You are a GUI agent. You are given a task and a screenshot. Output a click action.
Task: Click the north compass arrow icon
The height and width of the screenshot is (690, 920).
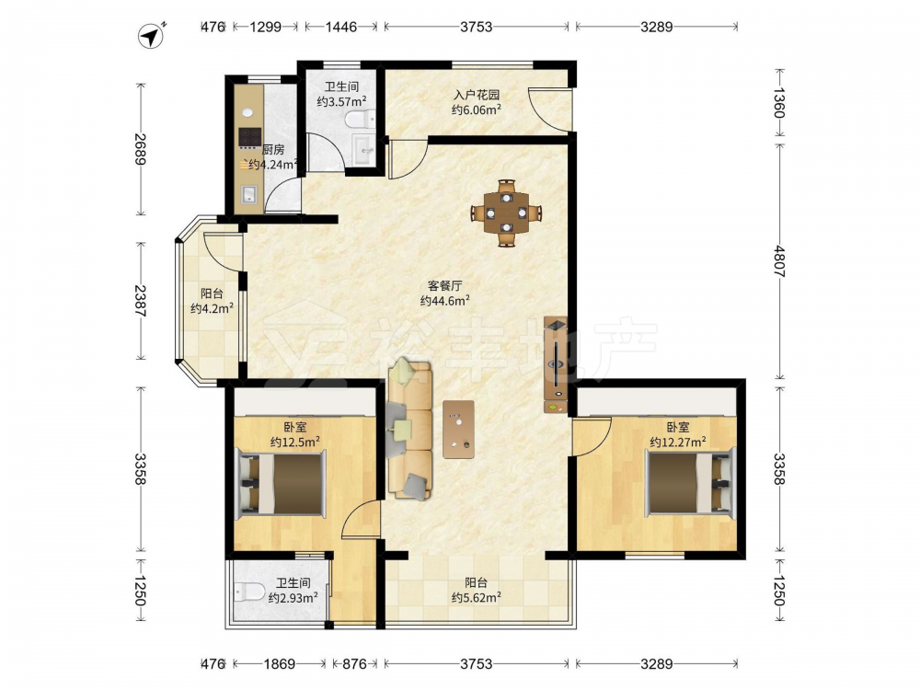(151, 36)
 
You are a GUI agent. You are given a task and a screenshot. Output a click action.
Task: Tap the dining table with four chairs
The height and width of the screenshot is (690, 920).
(506, 213)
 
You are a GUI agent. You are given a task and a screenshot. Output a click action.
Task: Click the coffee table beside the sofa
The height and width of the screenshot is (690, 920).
(459, 429)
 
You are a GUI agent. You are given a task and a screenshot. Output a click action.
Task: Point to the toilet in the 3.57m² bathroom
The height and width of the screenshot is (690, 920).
(361, 120)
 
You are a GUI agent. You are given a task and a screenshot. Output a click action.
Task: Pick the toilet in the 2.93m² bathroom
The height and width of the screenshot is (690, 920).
(248, 592)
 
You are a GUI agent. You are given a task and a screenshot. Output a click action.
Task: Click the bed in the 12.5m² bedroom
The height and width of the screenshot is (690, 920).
(281, 484)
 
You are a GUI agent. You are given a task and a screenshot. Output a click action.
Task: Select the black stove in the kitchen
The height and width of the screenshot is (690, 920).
(249, 137)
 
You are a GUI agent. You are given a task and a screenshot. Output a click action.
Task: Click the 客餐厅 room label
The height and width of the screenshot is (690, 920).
(444, 286)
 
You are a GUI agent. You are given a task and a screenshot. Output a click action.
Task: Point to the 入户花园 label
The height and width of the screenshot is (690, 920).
(476, 95)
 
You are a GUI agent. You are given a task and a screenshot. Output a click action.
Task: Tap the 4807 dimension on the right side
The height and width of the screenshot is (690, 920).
(778, 260)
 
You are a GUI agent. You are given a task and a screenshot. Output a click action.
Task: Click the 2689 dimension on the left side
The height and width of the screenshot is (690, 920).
(140, 150)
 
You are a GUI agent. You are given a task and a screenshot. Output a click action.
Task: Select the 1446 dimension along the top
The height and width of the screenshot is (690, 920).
(341, 27)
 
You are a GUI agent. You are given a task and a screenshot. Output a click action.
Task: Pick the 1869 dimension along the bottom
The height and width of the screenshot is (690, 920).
(280, 663)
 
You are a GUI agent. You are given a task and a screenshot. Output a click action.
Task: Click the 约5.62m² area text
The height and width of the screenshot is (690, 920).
(477, 598)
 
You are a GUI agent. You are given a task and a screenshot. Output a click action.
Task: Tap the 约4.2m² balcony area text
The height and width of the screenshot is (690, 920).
(212, 308)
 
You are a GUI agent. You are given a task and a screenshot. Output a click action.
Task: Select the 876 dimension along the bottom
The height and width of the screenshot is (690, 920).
(354, 663)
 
